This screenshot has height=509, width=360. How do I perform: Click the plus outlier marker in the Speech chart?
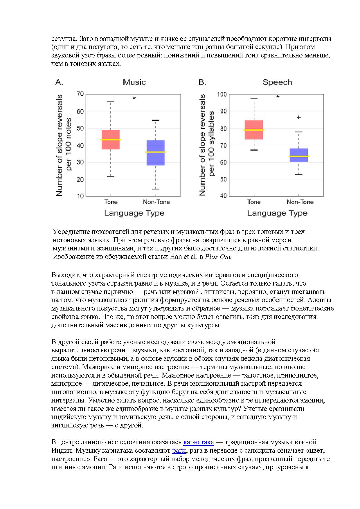point(299,117)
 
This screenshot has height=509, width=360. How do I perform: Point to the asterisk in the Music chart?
point(134,99)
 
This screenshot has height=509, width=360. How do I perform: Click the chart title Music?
point(134,82)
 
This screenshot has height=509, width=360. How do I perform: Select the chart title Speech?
point(277,82)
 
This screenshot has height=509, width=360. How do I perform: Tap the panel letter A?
point(59,82)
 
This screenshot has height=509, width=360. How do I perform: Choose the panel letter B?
point(202,82)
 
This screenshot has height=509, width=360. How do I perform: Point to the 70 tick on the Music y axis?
point(80,94)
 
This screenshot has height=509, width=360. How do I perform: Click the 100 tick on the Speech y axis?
point(222,94)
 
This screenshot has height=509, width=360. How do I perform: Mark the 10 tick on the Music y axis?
point(80,196)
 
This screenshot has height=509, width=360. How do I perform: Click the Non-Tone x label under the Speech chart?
point(300,202)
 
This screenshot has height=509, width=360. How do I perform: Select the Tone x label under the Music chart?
point(111,202)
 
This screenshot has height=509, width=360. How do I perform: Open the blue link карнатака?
point(199,442)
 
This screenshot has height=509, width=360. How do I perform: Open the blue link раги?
point(179,451)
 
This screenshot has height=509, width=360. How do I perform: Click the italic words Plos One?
point(218,257)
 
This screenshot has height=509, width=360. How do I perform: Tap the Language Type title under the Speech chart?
point(277,213)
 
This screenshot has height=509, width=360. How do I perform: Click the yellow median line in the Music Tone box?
point(111,140)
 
